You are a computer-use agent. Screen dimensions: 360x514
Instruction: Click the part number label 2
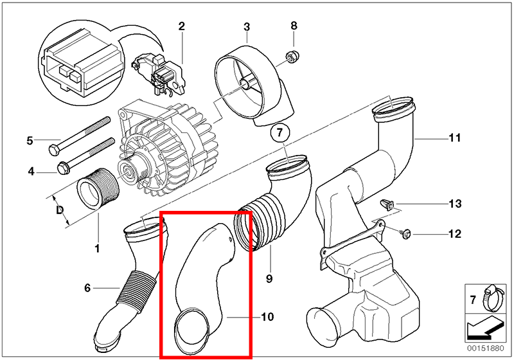point(181,26)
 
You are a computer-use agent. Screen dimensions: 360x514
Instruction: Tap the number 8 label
point(294,26)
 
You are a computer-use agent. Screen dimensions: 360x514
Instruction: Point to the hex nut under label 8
point(290,57)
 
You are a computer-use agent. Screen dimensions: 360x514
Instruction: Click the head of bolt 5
point(53,150)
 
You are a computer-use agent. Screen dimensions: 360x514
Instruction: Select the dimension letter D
point(60,210)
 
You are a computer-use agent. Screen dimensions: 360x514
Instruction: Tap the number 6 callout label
point(87,287)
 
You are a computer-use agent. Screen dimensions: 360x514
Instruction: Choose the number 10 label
point(267,316)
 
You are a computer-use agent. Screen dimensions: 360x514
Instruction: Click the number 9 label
point(269,278)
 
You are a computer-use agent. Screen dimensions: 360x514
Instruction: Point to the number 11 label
point(455,138)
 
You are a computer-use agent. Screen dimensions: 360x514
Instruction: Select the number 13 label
point(455,204)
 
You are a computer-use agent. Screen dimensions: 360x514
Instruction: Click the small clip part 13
point(387,205)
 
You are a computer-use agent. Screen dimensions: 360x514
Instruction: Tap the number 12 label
point(455,234)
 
